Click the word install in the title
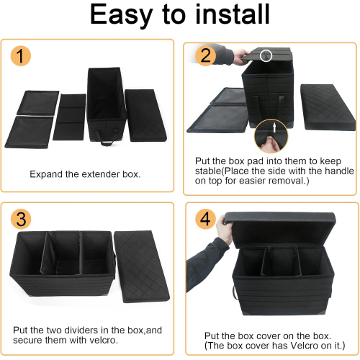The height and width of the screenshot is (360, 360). coord(233,14)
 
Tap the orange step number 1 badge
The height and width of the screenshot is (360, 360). coord(21,56)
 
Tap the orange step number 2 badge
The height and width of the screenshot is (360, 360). coord(205,56)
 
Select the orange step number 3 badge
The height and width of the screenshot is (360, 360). coord(21,219)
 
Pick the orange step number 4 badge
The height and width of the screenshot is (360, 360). coord(206,219)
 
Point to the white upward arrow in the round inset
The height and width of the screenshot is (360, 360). coord(274,127)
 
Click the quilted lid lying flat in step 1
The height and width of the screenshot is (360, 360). coord(145,115)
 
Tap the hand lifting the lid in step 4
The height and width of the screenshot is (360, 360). coord(225,230)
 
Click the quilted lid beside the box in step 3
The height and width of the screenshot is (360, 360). coord(142,266)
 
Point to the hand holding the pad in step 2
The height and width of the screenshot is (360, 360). coord(241,57)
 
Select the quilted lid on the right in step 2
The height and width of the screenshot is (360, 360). coord(328,107)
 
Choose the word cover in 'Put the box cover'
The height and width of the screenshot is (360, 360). coord(261,336)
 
